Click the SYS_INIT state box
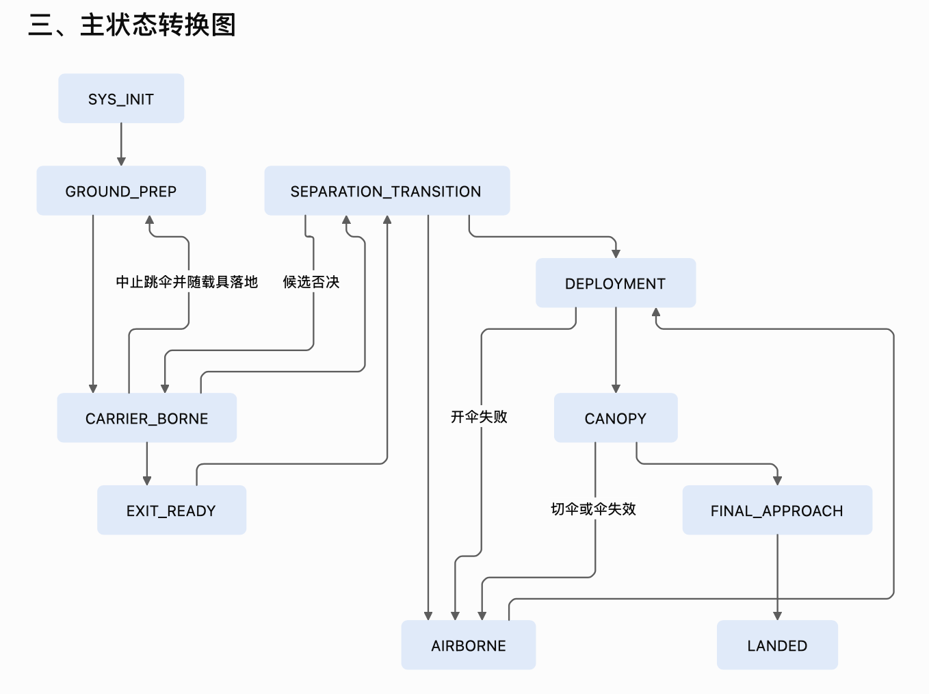[x=121, y=99]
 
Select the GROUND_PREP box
[x=121, y=190]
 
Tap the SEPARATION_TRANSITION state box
[x=387, y=190]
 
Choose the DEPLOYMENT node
[x=616, y=283]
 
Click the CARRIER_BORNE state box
[x=147, y=418]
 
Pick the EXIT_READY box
[x=172, y=510]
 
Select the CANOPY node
[x=616, y=418]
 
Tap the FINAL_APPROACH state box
[x=777, y=510]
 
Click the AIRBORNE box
[x=468, y=645]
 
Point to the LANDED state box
[x=777, y=645]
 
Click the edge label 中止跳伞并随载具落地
[x=187, y=282]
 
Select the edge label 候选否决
[x=311, y=282]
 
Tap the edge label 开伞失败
[x=479, y=417]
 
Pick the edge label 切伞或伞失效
[x=593, y=509]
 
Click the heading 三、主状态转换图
[x=131, y=25]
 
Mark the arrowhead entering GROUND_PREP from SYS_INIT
[x=121, y=162]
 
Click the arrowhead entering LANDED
[x=777, y=616]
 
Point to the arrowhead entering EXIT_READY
[x=147, y=481]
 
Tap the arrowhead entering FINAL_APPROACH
[x=777, y=481]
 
